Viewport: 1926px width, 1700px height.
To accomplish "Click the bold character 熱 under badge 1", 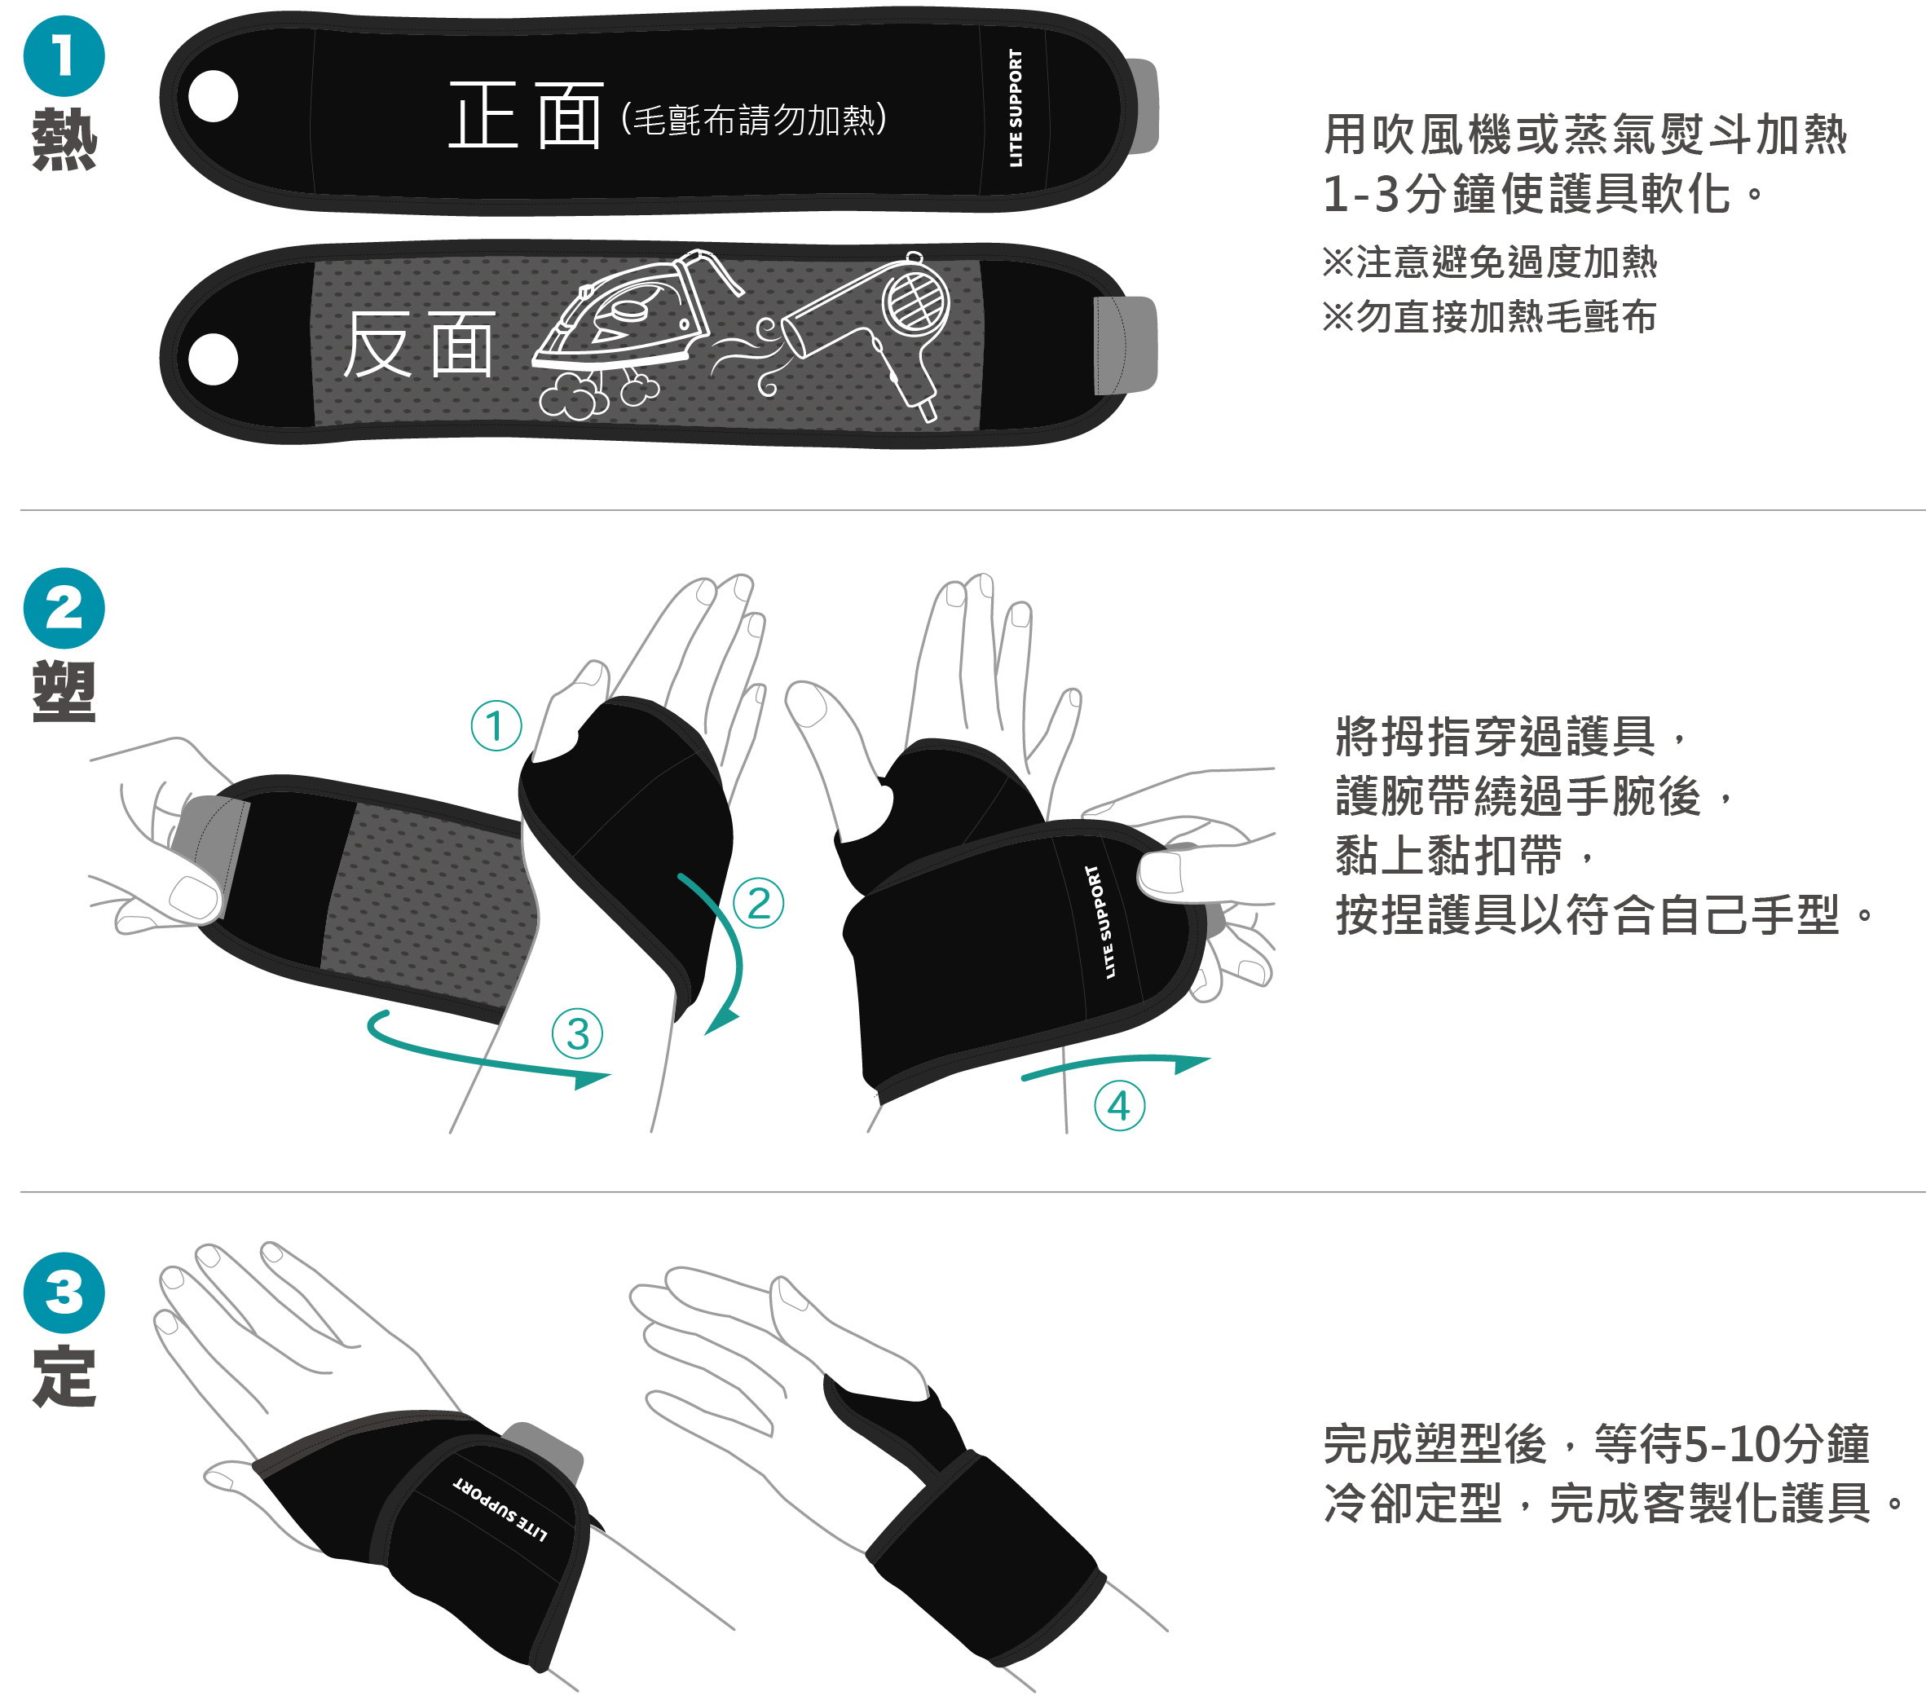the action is coord(64,139).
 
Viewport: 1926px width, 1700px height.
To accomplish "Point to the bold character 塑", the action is coord(64,692).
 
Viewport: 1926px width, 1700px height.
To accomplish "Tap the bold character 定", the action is coord(64,1376).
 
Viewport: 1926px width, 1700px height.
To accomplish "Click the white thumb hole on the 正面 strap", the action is coord(213,96).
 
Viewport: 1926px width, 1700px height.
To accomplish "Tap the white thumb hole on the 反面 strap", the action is coord(213,359).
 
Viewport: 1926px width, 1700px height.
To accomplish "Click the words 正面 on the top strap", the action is coord(525,115).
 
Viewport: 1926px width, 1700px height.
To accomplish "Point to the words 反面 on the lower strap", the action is coord(418,344).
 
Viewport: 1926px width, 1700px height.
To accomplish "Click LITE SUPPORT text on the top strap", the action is coord(1015,108).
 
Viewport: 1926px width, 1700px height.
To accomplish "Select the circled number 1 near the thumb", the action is coord(496,725).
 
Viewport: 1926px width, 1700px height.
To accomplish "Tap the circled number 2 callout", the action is coord(759,903).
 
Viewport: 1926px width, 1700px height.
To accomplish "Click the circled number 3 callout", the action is coord(578,1033).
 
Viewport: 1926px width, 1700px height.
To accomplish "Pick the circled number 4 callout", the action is coord(1119,1105).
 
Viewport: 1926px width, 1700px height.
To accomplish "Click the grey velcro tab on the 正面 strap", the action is coord(1143,106).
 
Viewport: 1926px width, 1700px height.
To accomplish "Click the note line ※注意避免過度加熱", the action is coord(1489,262).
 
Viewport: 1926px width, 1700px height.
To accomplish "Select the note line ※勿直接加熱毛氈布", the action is coord(1489,317).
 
